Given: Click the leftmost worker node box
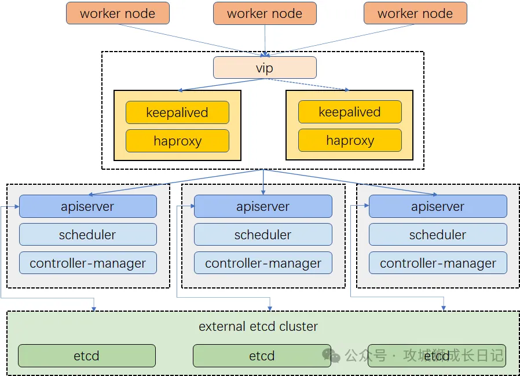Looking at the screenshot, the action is point(118,13).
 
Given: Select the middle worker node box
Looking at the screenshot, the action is point(265,13).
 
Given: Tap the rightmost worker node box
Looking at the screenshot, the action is point(415,13).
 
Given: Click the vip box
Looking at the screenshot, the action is point(265,68).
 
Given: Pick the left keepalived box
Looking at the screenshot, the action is point(177,112).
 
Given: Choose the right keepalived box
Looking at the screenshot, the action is point(350,112).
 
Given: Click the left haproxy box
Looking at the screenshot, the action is point(177,141).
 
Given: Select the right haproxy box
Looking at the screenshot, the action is point(350,140).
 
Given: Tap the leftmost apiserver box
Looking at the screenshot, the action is point(88,206).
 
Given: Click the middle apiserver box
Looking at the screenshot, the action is point(263,206).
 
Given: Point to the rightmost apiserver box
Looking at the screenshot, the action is point(438,206).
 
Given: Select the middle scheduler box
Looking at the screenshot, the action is point(263,235).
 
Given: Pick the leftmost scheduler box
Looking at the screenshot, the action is point(88,235).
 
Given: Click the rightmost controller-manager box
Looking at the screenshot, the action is point(438,263).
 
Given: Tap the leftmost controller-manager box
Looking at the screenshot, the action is point(88,263).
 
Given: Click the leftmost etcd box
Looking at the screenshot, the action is point(86,356).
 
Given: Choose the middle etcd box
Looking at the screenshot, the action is point(262,356).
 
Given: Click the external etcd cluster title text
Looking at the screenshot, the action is point(258,327).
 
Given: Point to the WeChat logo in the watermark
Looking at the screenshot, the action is point(331,355).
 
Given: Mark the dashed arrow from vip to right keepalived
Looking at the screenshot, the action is point(307,84).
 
